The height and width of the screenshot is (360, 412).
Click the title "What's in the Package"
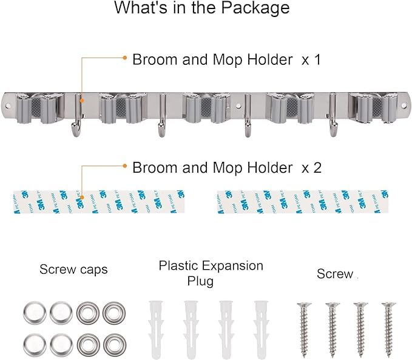pyautogui.click(x=202, y=8)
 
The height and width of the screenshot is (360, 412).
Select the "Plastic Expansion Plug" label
pyautogui.click(x=211, y=273)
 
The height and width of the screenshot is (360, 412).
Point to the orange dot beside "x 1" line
pyautogui.click(x=125, y=58)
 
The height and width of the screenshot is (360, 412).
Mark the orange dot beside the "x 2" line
pyautogui.click(x=125, y=165)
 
